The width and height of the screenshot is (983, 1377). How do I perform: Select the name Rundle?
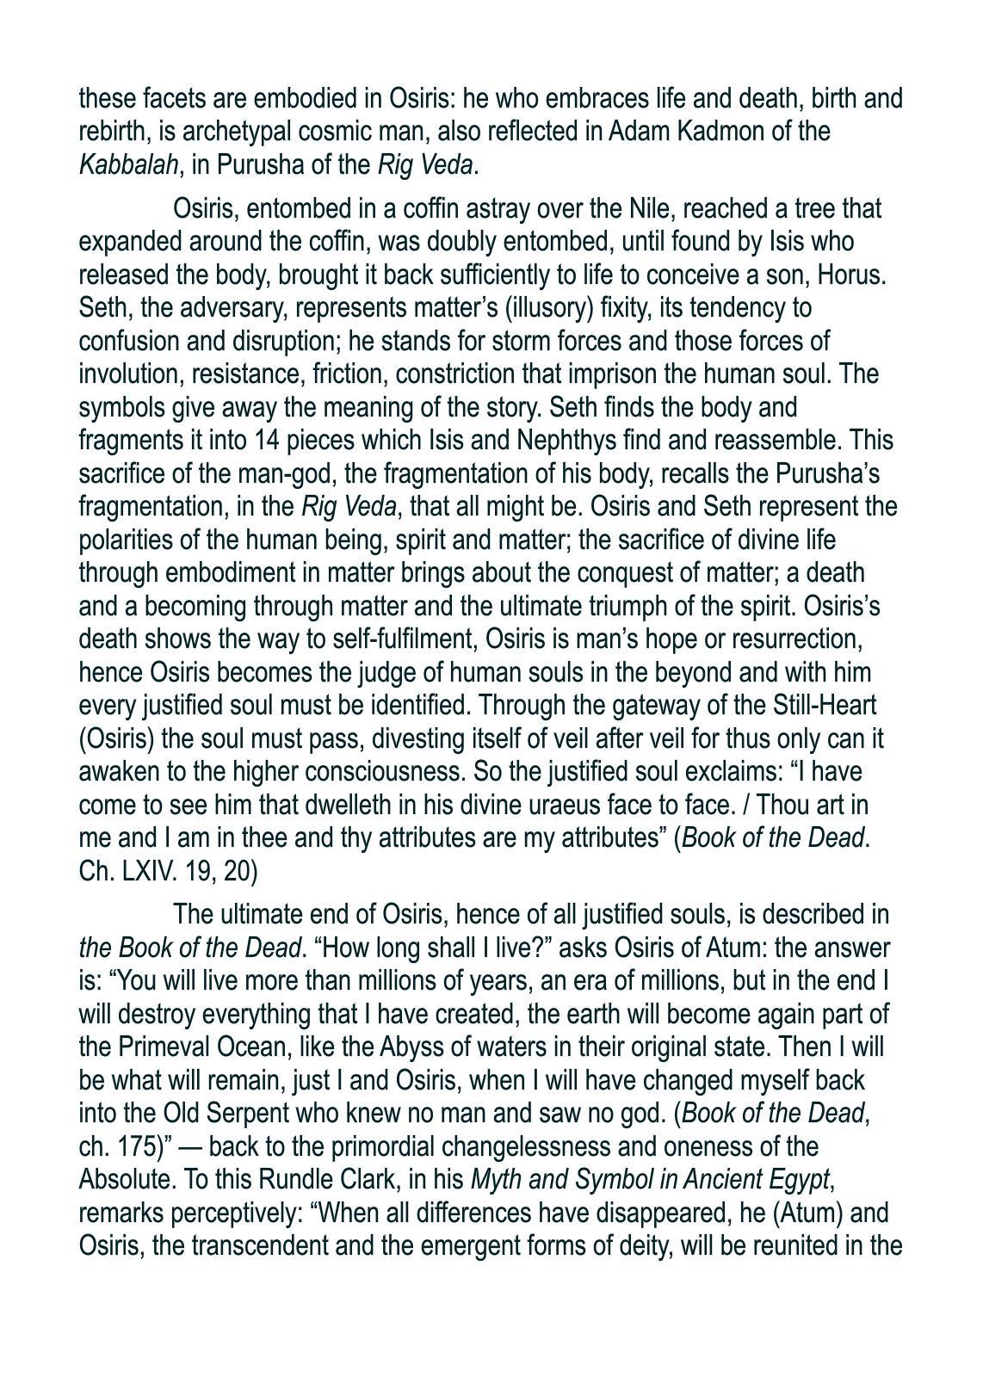click(x=208, y=1179)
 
